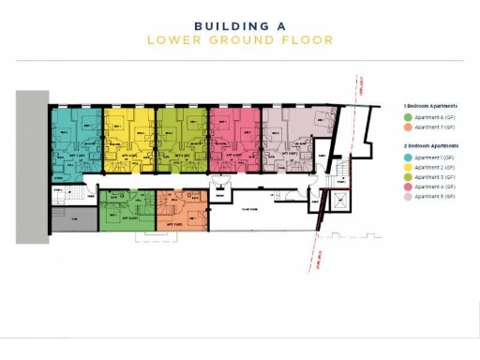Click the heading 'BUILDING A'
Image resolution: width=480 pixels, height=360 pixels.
239,26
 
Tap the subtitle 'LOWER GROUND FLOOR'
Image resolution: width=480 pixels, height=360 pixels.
239,40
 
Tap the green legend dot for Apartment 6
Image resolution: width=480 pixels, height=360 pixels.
408,117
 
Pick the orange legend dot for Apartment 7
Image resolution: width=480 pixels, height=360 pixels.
408,127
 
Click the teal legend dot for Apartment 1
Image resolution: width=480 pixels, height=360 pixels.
408,157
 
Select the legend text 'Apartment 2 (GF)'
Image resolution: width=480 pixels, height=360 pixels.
435,167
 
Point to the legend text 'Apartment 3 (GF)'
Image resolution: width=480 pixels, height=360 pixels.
435,176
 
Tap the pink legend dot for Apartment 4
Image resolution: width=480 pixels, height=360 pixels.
408,187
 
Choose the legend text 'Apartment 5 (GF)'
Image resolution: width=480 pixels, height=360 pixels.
435,197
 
